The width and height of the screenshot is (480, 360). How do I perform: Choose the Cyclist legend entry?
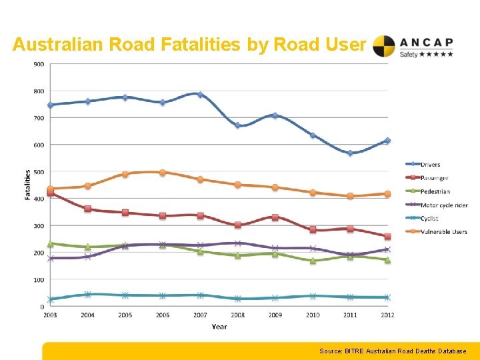point(429,218)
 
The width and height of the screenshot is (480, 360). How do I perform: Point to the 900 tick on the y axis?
point(39,64)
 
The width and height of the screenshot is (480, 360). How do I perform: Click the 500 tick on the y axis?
point(39,172)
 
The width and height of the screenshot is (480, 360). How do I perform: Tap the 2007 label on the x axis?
point(200,315)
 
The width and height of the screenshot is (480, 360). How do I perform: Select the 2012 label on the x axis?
point(387,315)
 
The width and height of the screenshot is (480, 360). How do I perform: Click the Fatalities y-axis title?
point(28,185)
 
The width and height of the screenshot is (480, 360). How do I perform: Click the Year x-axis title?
point(219,326)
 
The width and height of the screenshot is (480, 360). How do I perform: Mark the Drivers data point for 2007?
point(200,95)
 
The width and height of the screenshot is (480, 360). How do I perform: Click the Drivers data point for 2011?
point(350,153)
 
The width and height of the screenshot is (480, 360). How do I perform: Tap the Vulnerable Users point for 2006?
point(163,172)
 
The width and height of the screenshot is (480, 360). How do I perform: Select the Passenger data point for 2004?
point(88,209)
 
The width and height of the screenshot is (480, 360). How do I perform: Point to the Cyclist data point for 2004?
point(88,294)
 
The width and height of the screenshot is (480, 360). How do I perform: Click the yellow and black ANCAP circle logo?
point(384,46)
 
